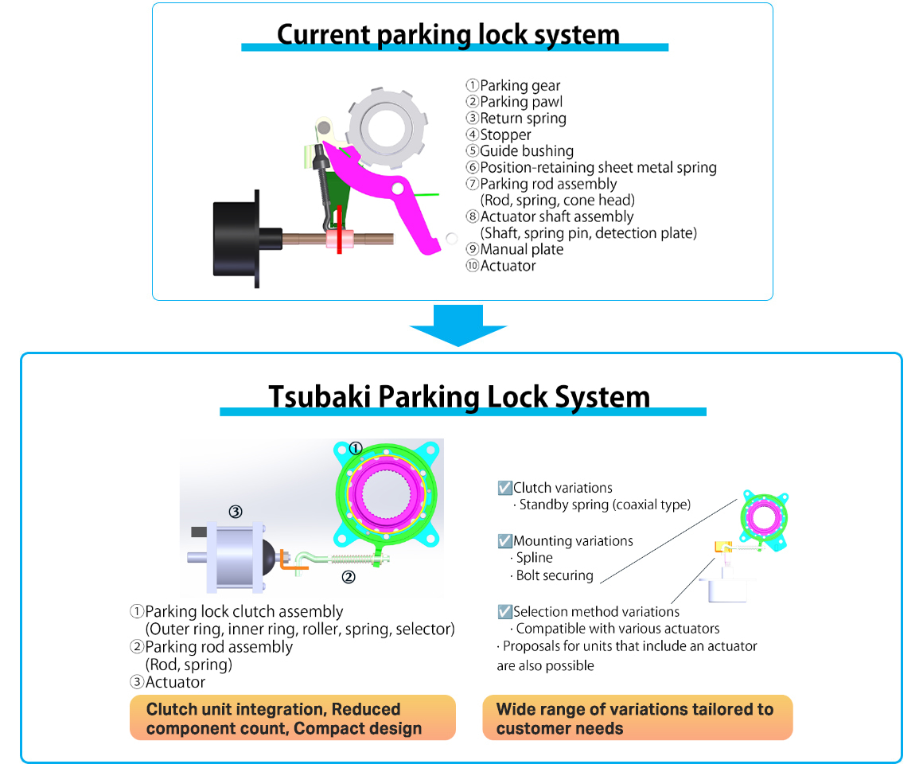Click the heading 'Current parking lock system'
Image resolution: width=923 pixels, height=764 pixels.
pyautogui.click(x=448, y=34)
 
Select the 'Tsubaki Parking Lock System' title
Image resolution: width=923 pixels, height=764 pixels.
pyautogui.click(x=459, y=396)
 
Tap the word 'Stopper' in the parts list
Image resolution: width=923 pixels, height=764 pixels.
pyautogui.click(x=505, y=134)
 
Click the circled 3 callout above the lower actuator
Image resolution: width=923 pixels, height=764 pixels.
pyautogui.click(x=236, y=512)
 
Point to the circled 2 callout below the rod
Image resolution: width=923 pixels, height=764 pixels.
pyautogui.click(x=348, y=577)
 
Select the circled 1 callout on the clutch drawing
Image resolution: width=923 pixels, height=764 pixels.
pyautogui.click(x=356, y=448)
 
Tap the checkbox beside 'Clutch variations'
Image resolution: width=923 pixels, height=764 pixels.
pyautogui.click(x=504, y=488)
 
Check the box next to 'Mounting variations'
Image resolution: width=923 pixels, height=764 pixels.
pyautogui.click(x=504, y=541)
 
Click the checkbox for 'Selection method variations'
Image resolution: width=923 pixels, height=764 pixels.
pyautogui.click(x=504, y=612)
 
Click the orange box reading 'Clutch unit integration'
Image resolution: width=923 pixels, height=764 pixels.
pyautogui.click(x=292, y=718)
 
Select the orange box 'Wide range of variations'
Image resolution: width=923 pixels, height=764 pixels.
pyautogui.click(x=637, y=718)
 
